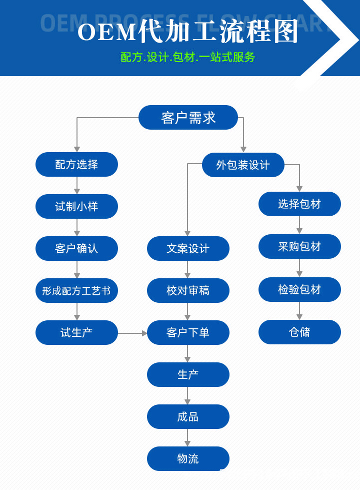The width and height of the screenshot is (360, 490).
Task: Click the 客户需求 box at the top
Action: tap(188, 118)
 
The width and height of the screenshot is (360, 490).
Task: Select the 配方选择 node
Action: tap(76, 164)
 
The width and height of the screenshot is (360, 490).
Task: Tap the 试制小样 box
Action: tap(76, 206)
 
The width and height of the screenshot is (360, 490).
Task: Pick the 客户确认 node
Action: tap(76, 248)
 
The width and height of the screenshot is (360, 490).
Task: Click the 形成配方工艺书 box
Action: tap(76, 290)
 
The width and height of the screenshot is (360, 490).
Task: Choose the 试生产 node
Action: tap(76, 332)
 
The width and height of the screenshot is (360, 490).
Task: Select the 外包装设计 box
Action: tap(243, 165)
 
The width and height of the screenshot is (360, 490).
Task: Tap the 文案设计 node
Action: tap(188, 248)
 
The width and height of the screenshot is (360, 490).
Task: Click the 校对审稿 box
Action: tap(188, 290)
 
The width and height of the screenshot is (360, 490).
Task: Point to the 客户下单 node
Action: tap(188, 332)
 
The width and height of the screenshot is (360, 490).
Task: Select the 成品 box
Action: tap(188, 416)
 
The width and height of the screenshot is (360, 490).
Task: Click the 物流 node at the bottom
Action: tap(188, 458)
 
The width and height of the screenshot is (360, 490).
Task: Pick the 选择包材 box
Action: tap(299, 204)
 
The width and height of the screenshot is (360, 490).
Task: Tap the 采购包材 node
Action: tap(299, 246)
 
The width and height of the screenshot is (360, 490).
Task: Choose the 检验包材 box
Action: tap(299, 289)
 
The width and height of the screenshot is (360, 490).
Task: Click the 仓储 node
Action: tap(299, 332)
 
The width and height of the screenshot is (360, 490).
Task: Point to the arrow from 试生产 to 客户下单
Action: tap(132, 333)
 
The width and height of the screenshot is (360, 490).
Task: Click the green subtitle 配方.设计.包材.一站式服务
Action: tap(188, 57)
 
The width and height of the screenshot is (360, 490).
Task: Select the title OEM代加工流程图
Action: tap(188, 32)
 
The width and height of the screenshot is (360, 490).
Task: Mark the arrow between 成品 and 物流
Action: tap(188, 437)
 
